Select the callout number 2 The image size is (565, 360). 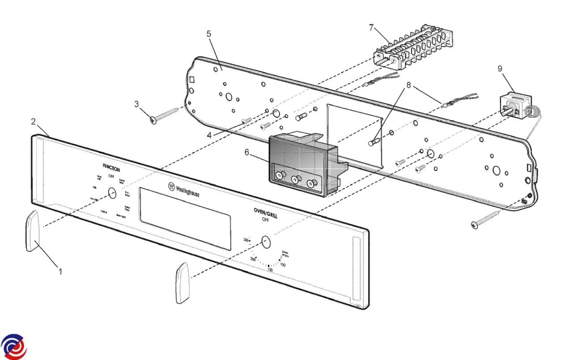[33, 121]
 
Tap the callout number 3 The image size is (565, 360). [137, 104]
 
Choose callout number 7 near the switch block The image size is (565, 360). [371, 27]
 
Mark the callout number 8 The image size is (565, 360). [409, 86]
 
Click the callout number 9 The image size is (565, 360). [500, 69]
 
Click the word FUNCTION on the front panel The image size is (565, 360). [111, 168]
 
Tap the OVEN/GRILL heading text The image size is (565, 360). [266, 214]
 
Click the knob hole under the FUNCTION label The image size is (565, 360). [112, 193]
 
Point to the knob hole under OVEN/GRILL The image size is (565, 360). [266, 242]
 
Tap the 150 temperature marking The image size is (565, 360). [269, 270]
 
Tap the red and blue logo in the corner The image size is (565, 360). [14, 347]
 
